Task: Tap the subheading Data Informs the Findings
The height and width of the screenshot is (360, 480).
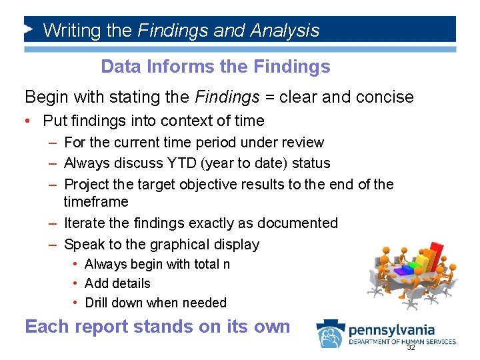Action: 215,67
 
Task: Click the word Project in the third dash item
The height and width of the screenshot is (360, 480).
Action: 87,184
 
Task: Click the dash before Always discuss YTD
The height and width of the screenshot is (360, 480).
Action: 52,163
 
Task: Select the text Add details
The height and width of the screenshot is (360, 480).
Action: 117,283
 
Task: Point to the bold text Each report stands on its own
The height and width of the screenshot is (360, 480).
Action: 157,327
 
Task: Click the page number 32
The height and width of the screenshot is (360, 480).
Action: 411,348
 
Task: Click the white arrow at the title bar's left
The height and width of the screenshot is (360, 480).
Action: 29,29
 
